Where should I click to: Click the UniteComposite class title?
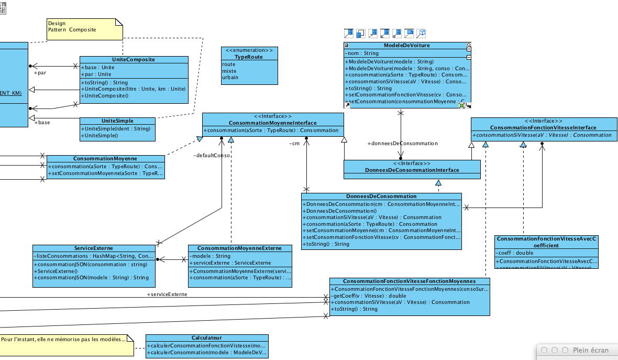click(134, 60)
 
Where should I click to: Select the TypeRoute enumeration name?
click(249, 57)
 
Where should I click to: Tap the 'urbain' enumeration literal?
click(230, 77)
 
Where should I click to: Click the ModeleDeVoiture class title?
click(407, 46)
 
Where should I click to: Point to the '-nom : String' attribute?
click(362, 53)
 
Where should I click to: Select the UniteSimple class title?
click(117, 121)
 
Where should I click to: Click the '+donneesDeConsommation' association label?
click(402, 143)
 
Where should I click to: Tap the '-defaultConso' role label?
click(212, 155)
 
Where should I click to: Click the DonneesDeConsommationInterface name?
click(412, 170)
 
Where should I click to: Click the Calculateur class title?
click(207, 339)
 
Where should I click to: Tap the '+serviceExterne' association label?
click(167, 294)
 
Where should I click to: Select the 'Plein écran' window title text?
click(591, 350)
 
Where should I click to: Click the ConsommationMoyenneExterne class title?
click(239, 248)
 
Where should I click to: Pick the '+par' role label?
click(40, 73)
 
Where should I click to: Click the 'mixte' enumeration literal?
click(229, 71)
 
